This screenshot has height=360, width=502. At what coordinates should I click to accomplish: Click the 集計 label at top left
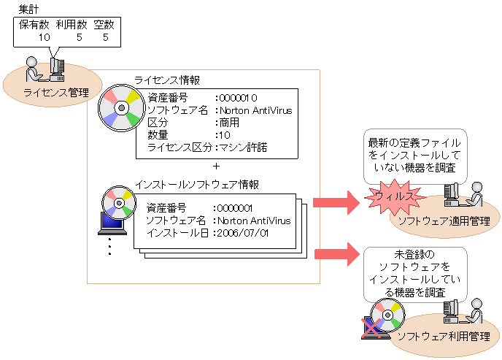[28, 8]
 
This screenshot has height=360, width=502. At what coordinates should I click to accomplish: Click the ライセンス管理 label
[56, 92]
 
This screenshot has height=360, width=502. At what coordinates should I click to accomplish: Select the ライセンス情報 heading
[167, 80]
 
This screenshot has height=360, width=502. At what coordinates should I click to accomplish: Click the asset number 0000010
[239, 97]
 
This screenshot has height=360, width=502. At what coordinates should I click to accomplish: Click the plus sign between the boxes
[215, 166]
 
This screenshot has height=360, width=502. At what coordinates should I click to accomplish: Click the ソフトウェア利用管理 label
[443, 337]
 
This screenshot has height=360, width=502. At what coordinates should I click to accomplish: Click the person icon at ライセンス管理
[34, 69]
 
